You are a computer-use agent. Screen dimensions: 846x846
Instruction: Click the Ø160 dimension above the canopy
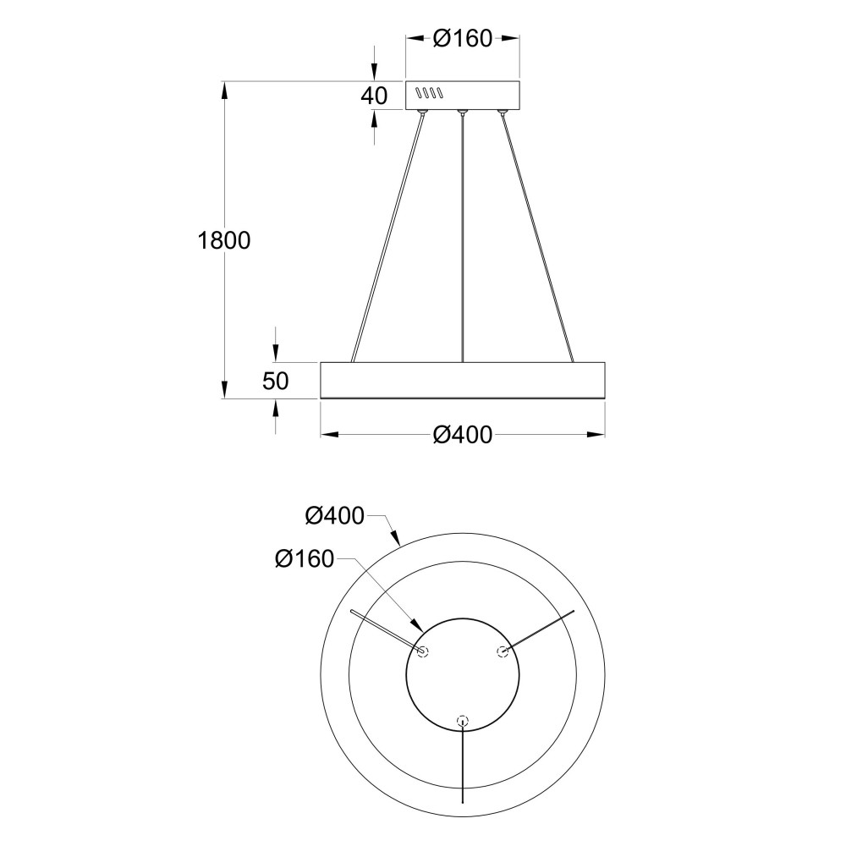[463, 38]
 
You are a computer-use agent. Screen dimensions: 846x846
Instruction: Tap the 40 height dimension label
[374, 96]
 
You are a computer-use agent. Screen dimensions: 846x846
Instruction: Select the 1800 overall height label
[224, 240]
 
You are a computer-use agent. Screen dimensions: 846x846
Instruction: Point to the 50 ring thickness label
[276, 381]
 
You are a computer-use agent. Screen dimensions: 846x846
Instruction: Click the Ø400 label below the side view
[463, 435]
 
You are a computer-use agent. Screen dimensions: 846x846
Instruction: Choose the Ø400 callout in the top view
[334, 516]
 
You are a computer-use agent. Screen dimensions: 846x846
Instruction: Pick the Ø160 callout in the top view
[305, 559]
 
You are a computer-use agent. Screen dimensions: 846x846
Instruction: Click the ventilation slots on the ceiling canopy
[429, 93]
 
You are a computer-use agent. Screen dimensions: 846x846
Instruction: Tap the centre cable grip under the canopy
[462, 113]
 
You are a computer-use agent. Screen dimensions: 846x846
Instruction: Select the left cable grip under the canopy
[422, 113]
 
